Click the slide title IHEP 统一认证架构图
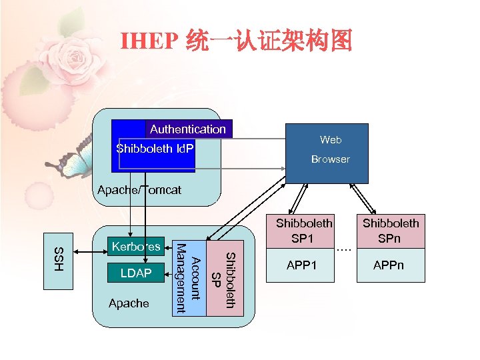(236, 42)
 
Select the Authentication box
(188, 129)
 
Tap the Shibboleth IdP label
(155, 148)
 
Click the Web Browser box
(327, 153)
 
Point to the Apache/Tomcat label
(139, 190)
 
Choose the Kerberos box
(136, 247)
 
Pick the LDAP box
(136, 273)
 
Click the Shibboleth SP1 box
(304, 231)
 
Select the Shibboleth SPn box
(390, 231)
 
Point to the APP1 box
(304, 266)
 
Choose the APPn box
(390, 266)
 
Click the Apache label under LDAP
(128, 303)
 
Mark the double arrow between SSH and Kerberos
(91, 252)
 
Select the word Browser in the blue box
(330, 159)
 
